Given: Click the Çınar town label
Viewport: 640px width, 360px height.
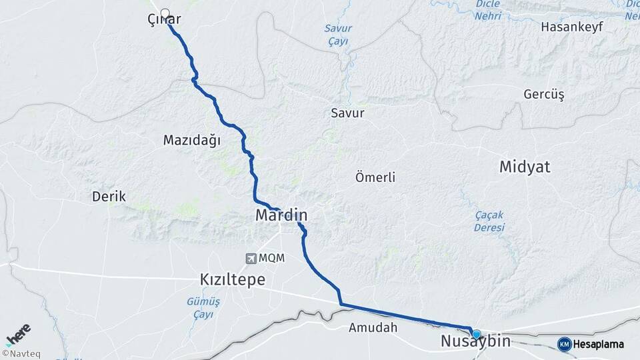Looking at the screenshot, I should tap(164, 21).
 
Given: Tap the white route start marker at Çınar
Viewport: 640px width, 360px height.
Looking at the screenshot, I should tap(165, 13).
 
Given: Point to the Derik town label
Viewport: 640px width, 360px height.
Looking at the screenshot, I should tap(109, 197).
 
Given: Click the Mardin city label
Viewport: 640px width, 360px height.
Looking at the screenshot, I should tap(281, 216).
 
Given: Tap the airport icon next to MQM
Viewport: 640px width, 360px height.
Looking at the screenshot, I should tap(251, 259).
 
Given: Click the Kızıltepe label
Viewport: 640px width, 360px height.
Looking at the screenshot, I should tap(233, 279).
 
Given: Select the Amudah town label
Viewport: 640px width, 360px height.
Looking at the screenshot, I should tap(373, 327).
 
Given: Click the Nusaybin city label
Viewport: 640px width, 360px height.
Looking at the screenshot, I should tap(475, 342).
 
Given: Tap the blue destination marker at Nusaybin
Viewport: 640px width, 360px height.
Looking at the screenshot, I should tap(476, 333).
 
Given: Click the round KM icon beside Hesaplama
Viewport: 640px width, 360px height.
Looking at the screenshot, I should tap(564, 344).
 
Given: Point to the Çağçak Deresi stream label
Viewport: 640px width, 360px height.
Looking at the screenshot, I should tap(489, 221).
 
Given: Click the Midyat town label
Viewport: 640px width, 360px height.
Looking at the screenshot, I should tap(525, 167).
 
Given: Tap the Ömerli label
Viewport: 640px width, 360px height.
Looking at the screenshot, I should tap(376, 177).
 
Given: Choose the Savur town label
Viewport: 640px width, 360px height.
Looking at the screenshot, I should tap(347, 113).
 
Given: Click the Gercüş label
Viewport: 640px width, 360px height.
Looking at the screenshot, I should tap(544, 95).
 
